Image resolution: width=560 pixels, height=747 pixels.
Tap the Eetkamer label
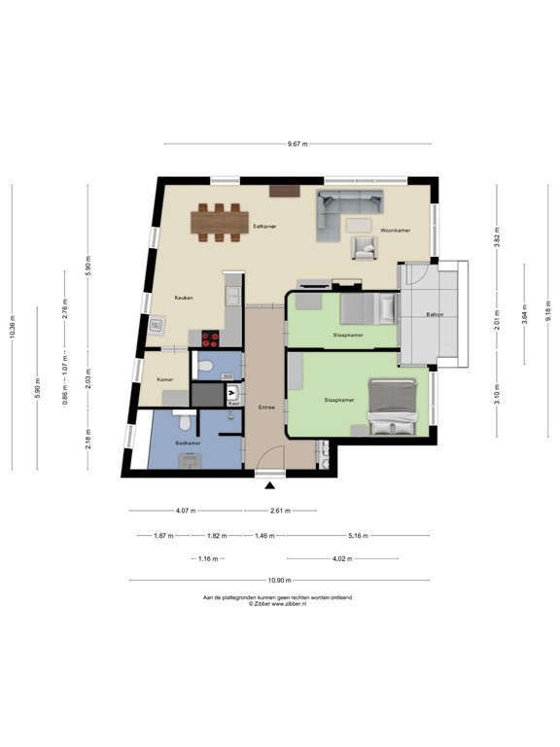[264, 226]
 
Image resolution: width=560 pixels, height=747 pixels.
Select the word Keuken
[185, 298]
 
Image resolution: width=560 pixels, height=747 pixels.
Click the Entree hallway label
[266, 408]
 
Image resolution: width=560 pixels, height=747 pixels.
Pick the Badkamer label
[188, 442]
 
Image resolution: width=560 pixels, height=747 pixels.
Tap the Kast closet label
[233, 403]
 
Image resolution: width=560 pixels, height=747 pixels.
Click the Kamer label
[165, 378]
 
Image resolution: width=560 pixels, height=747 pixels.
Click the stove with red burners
[211, 338]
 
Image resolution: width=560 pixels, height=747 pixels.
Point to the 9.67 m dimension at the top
[297, 144]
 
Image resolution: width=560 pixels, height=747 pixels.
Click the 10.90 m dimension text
[278, 582]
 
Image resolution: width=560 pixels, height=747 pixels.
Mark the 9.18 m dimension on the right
[547, 310]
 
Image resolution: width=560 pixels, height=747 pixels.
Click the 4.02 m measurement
[341, 558]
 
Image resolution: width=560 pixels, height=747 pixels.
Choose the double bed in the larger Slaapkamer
[393, 408]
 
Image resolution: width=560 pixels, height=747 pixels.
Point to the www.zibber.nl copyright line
[278, 604]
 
